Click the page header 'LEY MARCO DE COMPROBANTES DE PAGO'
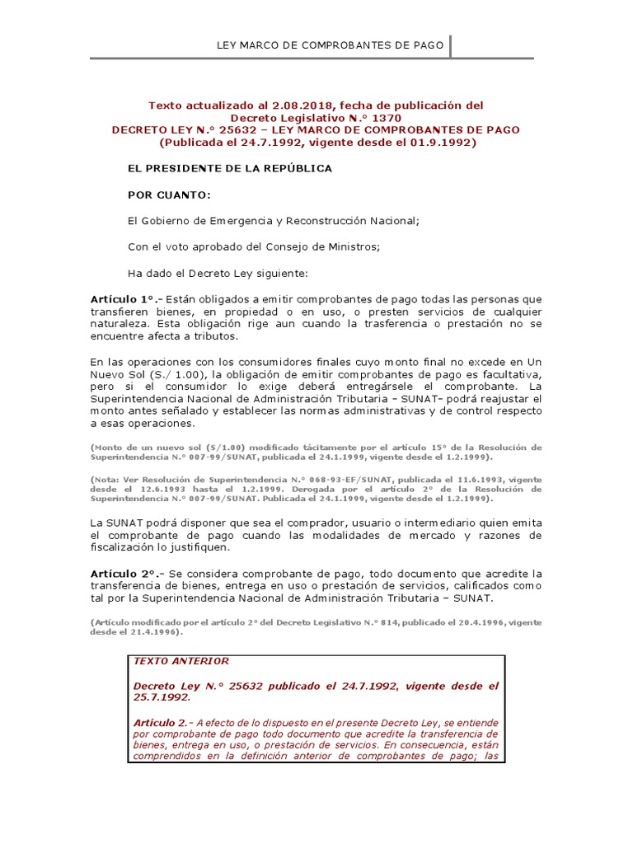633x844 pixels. (330, 45)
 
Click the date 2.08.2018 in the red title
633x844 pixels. (288, 105)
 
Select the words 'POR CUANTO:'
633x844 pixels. (168, 195)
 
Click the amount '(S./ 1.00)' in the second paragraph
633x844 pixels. (161, 373)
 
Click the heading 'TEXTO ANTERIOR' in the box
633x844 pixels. (181, 661)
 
